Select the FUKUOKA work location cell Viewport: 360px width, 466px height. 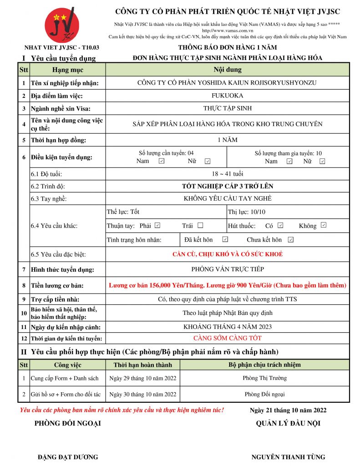[x=228, y=96]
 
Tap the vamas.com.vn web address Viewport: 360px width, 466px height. [x=228, y=30]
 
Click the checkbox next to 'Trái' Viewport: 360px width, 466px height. [x=200, y=225]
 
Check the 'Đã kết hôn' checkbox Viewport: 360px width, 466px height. [x=225, y=239]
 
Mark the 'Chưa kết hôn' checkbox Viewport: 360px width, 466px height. [x=290, y=239]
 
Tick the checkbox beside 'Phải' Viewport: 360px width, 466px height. [x=157, y=225]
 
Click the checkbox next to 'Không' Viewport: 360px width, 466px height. [x=323, y=225]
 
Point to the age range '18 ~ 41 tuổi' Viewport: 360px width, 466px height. [x=228, y=174]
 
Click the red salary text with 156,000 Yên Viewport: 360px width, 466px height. [x=228, y=285]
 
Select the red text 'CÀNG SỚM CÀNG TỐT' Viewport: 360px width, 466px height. [x=228, y=338]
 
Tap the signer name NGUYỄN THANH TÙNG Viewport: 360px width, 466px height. [x=288, y=457]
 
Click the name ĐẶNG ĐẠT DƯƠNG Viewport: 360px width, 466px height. [x=68, y=457]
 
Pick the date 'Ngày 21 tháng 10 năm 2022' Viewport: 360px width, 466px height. [x=288, y=410]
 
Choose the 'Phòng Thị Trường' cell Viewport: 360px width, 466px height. [x=265, y=378]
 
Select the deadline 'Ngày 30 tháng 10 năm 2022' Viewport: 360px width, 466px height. [x=142, y=394]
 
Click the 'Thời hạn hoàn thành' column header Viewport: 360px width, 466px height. [x=142, y=365]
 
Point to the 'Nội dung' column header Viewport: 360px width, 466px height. [x=228, y=70]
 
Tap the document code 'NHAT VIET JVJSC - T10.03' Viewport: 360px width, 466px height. [x=62, y=47]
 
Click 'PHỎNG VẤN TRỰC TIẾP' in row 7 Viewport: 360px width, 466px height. [x=228, y=269]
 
